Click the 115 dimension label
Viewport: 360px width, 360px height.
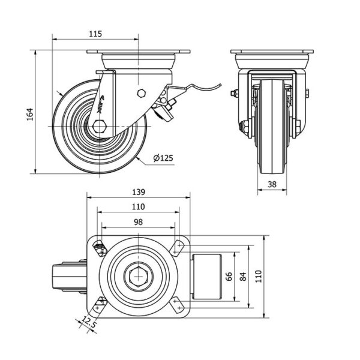tap(95, 34)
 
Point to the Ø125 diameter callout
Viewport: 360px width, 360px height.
tap(163, 158)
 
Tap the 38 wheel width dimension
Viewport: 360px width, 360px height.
tap(272, 185)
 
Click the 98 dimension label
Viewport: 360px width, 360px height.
tap(138, 222)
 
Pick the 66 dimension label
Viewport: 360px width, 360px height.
tap(229, 277)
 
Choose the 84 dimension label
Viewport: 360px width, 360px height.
tap(243, 277)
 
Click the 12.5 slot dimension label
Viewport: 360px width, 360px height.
tap(89, 323)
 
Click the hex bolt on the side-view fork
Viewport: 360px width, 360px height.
tap(141, 93)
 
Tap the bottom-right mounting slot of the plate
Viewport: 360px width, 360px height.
tap(178, 305)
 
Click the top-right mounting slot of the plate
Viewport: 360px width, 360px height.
tap(178, 247)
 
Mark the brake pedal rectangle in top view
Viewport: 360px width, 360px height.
tap(207, 277)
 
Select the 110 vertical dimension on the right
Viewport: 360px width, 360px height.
tap(259, 277)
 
